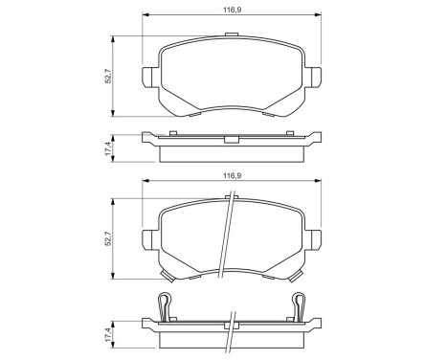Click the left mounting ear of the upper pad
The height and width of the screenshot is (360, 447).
click(x=148, y=76)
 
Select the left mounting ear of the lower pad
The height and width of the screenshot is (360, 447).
click(x=148, y=238)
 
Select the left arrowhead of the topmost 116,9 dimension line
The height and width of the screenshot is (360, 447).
click(x=145, y=15)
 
